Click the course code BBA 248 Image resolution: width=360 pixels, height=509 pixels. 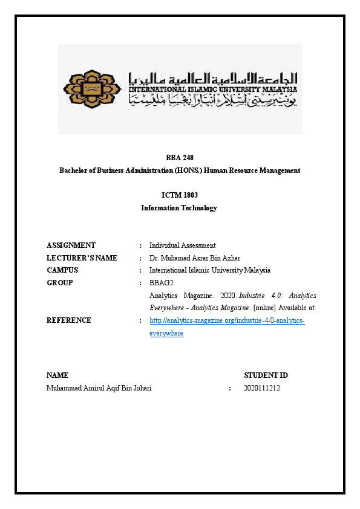180,158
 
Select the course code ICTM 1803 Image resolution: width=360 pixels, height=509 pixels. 180,195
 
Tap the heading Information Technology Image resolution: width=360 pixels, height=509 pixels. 179,208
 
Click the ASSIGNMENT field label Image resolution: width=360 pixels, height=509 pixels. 71,245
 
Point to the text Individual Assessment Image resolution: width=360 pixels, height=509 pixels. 182,245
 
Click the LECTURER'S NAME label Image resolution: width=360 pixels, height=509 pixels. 82,258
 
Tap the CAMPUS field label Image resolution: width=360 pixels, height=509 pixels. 62,270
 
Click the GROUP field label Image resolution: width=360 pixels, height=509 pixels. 59,283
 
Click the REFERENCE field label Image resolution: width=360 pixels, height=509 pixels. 69,320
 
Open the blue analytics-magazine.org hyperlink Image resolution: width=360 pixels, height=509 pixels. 227,320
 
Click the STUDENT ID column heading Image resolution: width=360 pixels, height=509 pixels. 261,375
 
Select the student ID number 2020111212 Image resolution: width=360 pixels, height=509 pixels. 262,388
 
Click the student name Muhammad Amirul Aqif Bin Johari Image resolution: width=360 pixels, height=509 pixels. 99,388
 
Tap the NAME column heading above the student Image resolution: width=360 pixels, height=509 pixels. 57,375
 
